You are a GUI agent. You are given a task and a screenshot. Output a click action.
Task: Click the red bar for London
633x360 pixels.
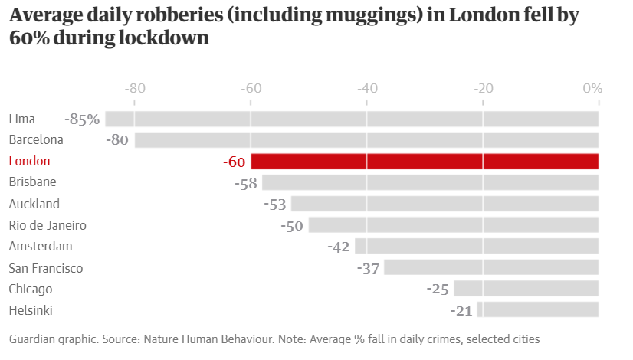coord(425,161)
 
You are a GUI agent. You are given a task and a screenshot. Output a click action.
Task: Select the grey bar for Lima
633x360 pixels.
coord(352,119)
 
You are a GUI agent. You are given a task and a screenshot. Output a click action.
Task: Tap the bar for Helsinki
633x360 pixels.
coord(537,309)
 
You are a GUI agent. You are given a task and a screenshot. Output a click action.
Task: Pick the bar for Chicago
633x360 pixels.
coord(526,288)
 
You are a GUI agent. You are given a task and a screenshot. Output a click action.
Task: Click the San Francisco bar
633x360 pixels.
coord(491,267)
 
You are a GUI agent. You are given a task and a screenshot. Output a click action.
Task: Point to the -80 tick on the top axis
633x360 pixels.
coord(135,88)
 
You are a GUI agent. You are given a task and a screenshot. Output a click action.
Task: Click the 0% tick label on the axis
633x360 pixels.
coord(592,88)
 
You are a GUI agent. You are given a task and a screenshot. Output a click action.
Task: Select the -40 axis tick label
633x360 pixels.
coord(367,88)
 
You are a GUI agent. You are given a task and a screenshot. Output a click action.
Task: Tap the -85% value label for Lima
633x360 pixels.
coord(82,119)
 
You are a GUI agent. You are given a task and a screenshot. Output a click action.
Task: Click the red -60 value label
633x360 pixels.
coord(234,162)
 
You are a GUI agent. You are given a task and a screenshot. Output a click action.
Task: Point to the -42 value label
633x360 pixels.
coord(338,247)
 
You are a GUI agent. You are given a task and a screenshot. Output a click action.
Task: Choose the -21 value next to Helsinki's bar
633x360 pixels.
coord(462,310)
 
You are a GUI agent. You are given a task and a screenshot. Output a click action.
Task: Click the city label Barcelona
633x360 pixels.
coord(36,140)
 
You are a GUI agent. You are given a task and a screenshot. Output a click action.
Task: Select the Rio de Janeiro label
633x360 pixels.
coord(48,225)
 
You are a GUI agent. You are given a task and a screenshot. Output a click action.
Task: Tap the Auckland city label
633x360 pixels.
coord(34,204)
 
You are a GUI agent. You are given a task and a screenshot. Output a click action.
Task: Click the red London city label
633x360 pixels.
coord(29,162)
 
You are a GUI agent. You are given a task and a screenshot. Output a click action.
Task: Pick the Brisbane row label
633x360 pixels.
coord(32,182)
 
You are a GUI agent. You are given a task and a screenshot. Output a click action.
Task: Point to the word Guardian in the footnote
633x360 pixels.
coord(32,339)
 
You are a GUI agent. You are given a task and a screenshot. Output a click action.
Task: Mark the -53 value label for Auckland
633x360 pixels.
coord(274,205)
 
